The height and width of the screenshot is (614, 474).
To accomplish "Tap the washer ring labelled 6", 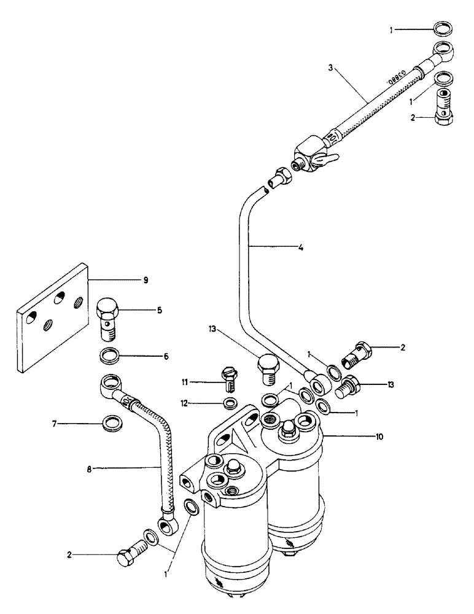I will tap(109, 356).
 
